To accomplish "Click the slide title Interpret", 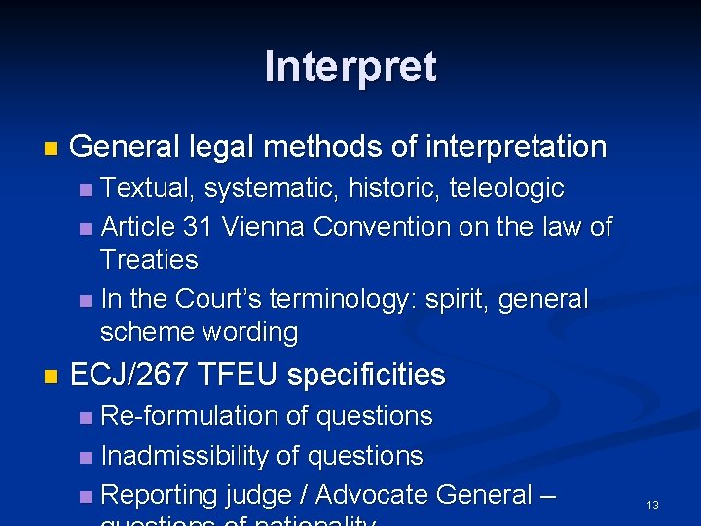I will tap(350, 67).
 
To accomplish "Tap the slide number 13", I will tap(652, 506).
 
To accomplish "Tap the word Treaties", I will tap(149, 260).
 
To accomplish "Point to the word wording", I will tap(251, 332).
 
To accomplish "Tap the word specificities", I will tap(367, 374).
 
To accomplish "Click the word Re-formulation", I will tap(191, 416).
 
